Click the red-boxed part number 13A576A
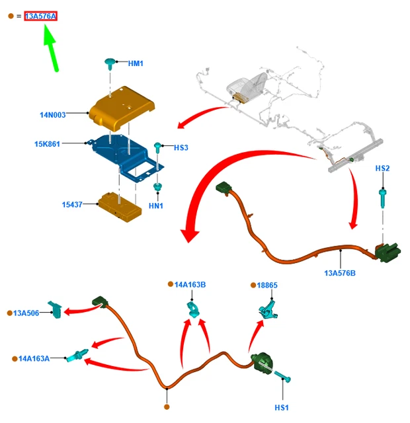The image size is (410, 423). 41,15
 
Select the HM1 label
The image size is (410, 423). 136,63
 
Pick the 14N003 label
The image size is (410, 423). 52,115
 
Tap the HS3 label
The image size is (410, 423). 181,147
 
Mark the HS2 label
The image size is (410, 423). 382,169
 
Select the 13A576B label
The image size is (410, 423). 340,272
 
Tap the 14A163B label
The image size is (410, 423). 190,284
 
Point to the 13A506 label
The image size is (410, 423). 26,313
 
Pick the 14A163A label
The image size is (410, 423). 34,358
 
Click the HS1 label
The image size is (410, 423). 281,408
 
